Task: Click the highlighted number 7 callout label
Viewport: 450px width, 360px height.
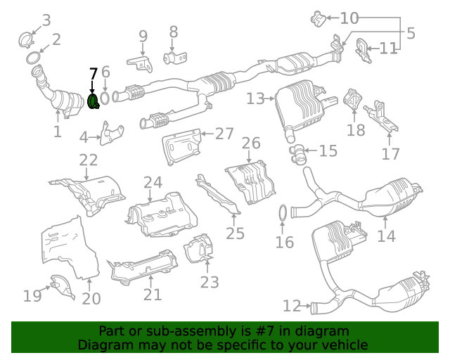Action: [94, 74]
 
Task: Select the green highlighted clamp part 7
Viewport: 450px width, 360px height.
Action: [93, 102]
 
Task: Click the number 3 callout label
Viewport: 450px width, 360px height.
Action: [46, 20]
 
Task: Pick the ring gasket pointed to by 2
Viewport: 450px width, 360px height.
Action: [32, 57]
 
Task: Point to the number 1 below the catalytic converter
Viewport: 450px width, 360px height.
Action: [57, 131]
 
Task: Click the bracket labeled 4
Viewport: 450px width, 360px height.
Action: [111, 134]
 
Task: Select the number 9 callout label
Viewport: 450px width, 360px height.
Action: [143, 36]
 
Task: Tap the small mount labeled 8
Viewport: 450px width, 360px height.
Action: [172, 57]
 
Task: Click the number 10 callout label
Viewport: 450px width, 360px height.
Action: [349, 18]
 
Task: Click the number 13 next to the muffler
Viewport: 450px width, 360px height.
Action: [255, 99]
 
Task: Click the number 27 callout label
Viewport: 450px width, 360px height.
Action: [224, 134]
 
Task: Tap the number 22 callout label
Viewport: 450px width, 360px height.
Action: [89, 160]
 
